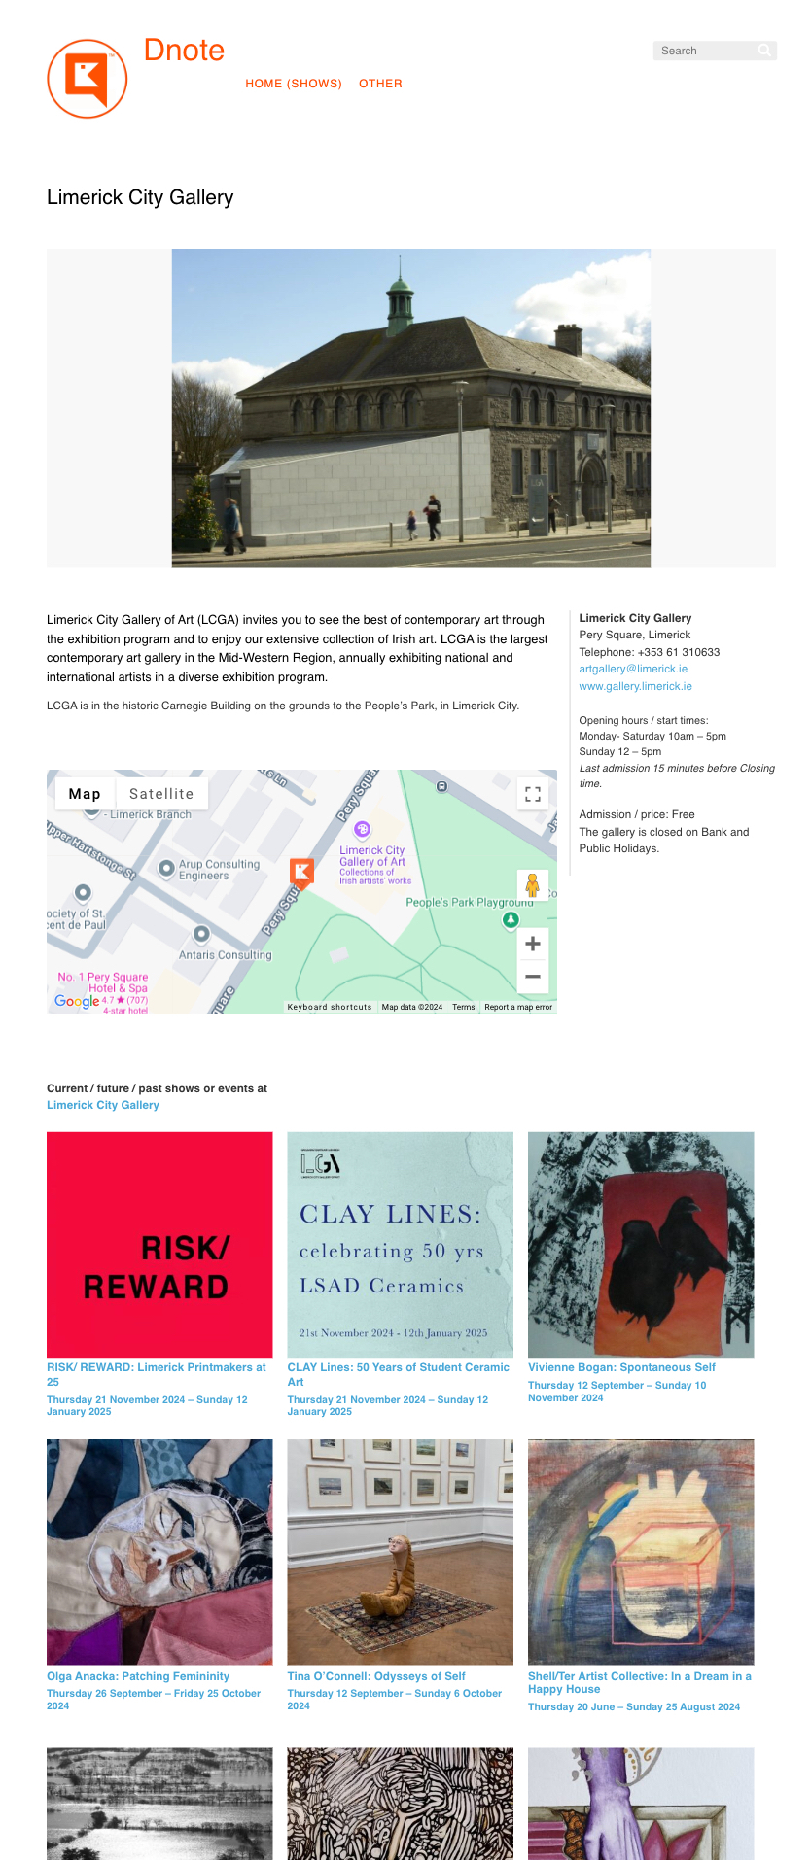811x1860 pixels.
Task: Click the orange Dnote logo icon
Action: [x=87, y=79]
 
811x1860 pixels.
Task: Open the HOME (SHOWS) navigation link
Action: [x=294, y=84]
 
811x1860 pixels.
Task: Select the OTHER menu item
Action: [x=380, y=84]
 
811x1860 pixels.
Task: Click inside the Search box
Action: [x=706, y=51]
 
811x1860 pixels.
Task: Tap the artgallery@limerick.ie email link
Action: [x=633, y=669]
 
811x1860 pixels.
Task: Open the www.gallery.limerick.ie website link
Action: [x=635, y=686]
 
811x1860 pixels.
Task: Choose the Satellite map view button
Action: [x=161, y=794]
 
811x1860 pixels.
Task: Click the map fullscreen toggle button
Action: [x=532, y=794]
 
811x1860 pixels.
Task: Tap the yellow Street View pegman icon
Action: [x=532, y=885]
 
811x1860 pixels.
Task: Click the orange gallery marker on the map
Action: [x=302, y=872]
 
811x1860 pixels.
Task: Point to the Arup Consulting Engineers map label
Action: [x=218, y=870]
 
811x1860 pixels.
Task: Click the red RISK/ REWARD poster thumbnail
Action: [x=159, y=1244]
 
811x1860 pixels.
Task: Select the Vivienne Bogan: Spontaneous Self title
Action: [x=621, y=1367]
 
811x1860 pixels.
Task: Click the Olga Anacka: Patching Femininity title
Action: [x=138, y=1676]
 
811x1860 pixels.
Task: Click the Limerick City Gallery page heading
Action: [x=140, y=197]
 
